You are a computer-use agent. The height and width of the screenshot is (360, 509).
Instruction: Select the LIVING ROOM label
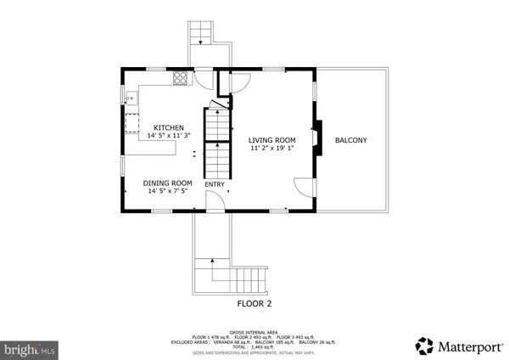tap(271, 140)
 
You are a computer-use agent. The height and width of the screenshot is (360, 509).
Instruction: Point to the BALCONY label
tap(350, 140)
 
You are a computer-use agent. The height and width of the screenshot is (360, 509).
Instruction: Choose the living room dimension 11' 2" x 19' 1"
tap(271, 149)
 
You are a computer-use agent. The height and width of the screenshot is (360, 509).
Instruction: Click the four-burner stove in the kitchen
tap(181, 78)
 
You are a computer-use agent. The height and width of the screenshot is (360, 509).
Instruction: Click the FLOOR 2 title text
tap(254, 303)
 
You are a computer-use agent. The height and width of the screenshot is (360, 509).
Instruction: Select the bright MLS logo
tap(30, 349)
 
